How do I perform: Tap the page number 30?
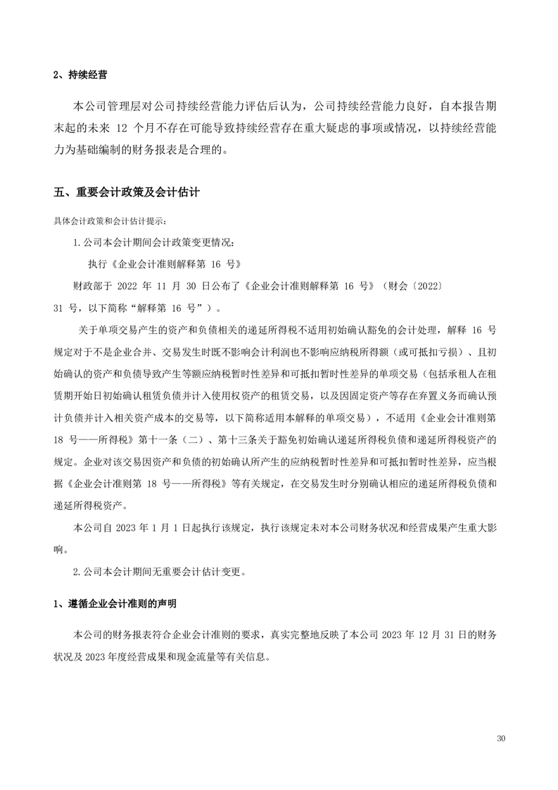coord(501,739)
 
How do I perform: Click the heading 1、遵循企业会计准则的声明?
coord(115,604)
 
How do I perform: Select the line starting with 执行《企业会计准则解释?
coord(164,265)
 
